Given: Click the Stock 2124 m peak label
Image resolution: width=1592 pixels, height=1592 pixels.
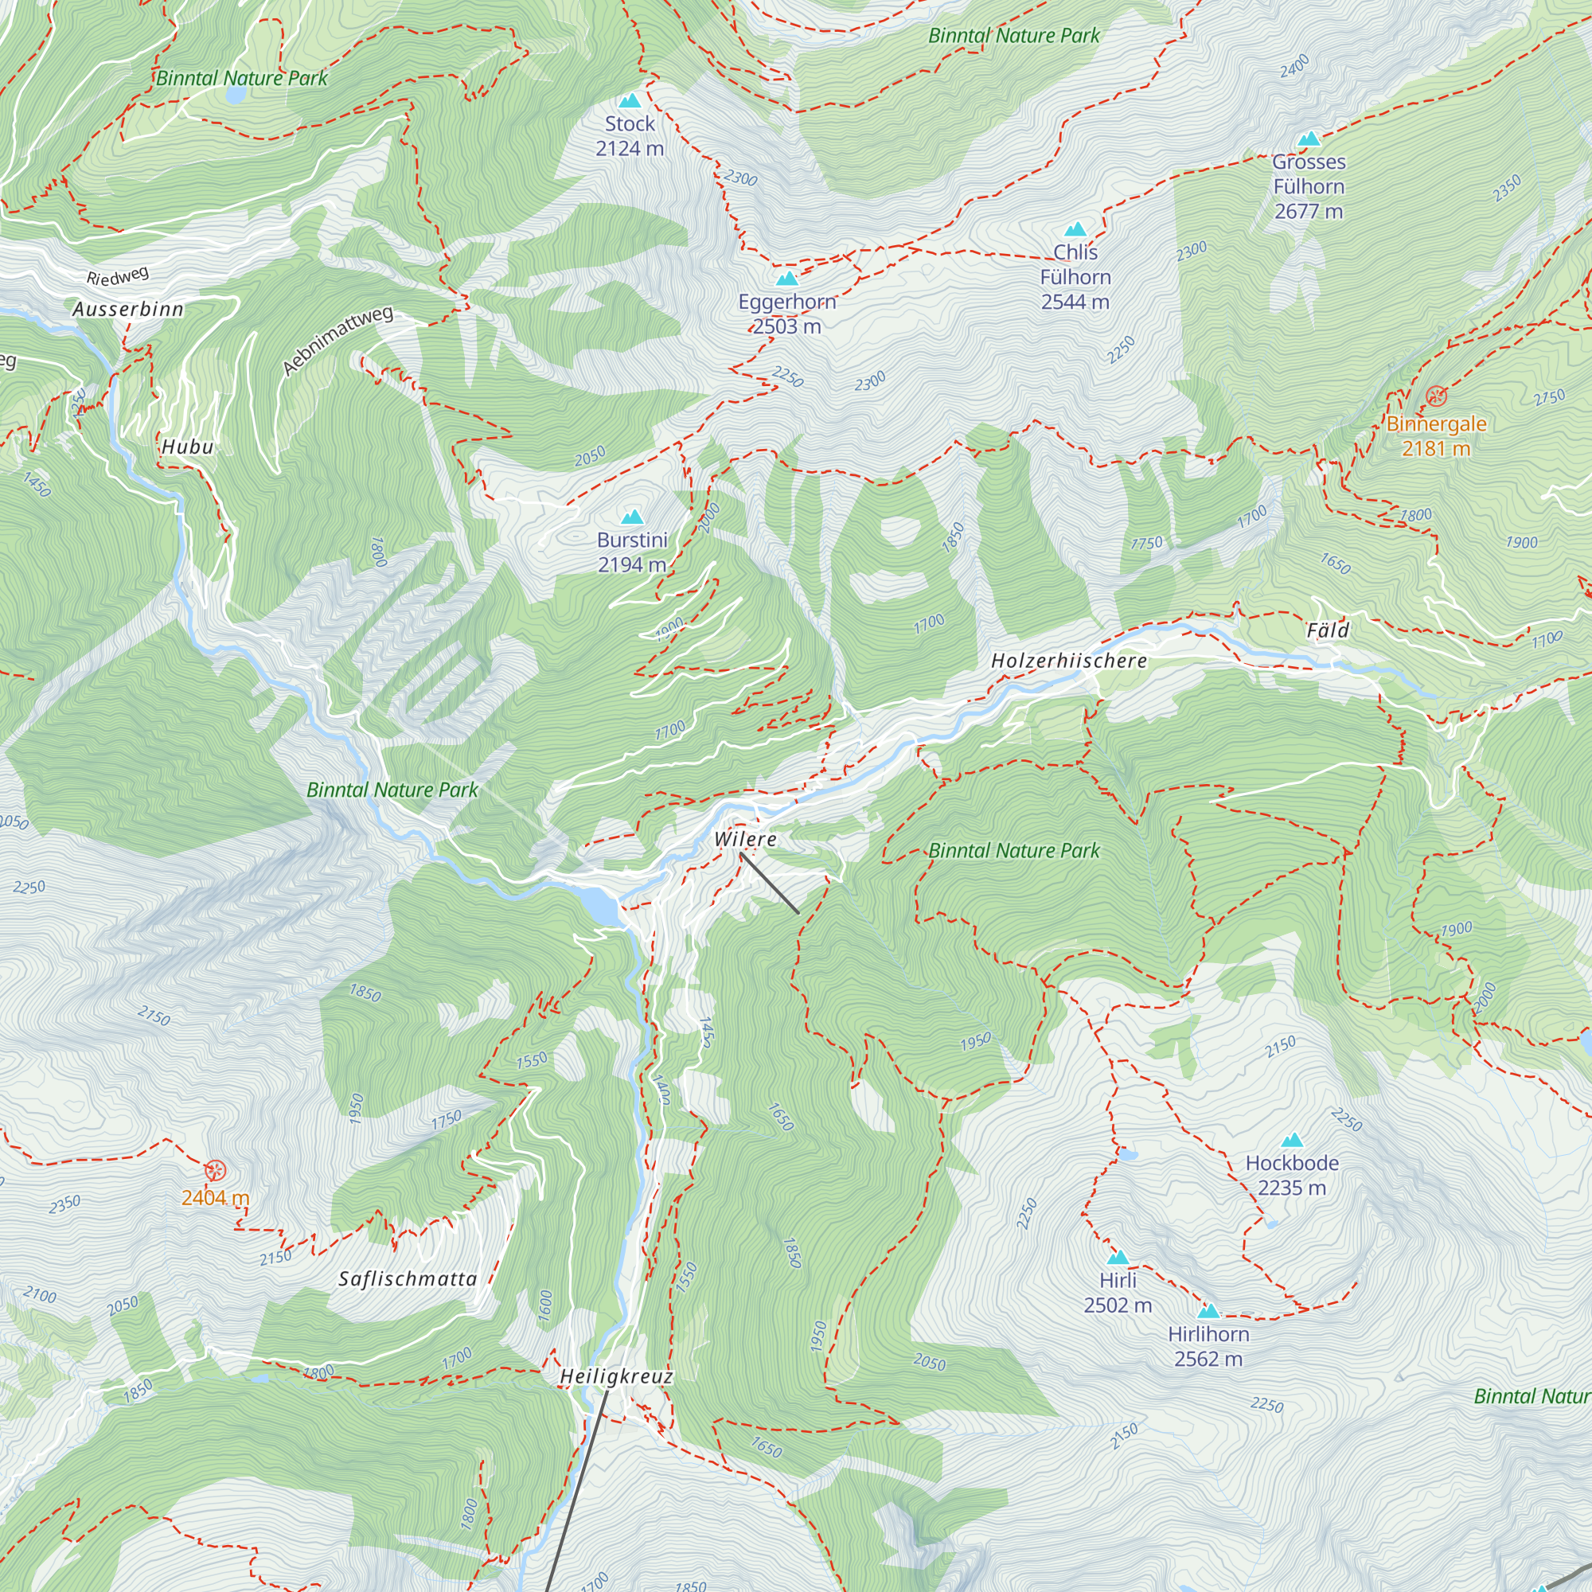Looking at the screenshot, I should (630, 136).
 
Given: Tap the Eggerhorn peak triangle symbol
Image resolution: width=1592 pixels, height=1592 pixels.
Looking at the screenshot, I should (787, 279).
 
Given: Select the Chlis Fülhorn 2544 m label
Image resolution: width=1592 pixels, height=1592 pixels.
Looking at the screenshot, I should (1075, 277).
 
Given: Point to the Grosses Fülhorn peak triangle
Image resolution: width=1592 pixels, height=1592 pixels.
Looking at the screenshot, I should (1309, 139).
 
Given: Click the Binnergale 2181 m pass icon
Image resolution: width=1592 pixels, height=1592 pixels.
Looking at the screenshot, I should (1436, 396).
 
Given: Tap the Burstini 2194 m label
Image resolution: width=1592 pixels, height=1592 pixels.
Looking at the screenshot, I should (632, 552).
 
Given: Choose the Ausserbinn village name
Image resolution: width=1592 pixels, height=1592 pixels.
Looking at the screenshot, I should (127, 309).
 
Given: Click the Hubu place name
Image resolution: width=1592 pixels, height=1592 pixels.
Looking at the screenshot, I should (187, 447).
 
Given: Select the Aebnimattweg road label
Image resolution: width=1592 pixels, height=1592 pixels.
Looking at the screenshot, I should (337, 341).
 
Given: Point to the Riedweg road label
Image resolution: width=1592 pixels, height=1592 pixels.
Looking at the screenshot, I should (118, 276).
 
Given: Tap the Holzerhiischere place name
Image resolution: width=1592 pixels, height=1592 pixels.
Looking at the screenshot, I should (1069, 661).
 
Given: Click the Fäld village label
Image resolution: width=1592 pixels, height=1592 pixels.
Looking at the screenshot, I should (1328, 630).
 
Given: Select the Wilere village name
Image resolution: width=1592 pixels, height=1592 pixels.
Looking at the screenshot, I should (745, 839).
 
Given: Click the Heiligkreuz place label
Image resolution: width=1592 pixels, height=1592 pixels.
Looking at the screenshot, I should (616, 1376).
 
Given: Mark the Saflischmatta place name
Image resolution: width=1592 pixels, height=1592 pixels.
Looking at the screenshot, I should (408, 1279).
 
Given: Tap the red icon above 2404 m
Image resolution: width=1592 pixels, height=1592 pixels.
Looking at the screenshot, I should (215, 1170).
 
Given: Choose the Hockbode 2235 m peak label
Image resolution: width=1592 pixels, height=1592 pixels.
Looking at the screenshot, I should (1291, 1175).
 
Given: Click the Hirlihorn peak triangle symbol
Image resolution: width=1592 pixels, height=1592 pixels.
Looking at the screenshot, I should (1208, 1311).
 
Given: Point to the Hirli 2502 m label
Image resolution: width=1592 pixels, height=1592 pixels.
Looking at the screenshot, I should (1118, 1292).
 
